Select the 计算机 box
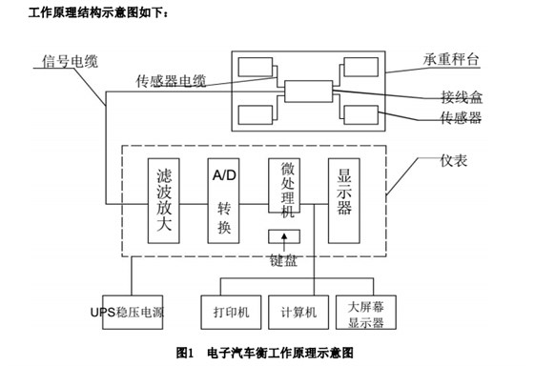298,311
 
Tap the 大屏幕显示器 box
366,311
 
